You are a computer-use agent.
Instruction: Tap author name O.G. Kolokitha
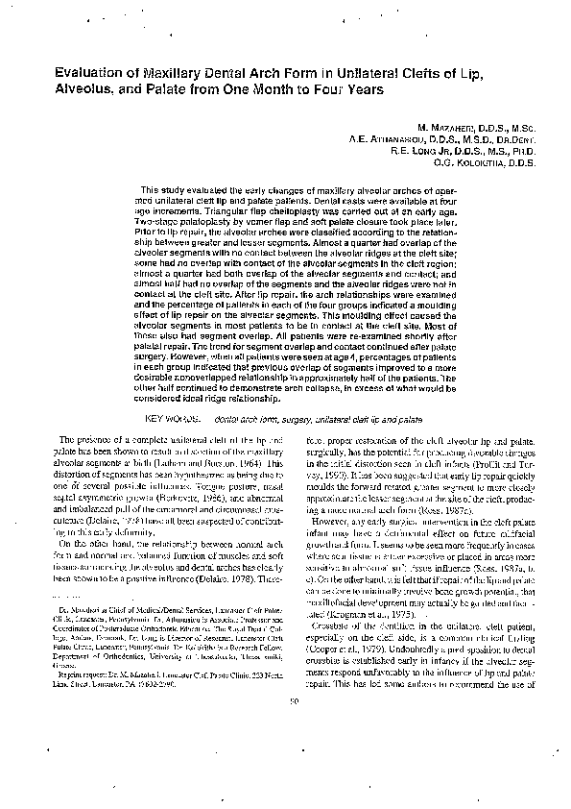tap(446, 164)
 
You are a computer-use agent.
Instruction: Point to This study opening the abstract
tap(160, 189)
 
